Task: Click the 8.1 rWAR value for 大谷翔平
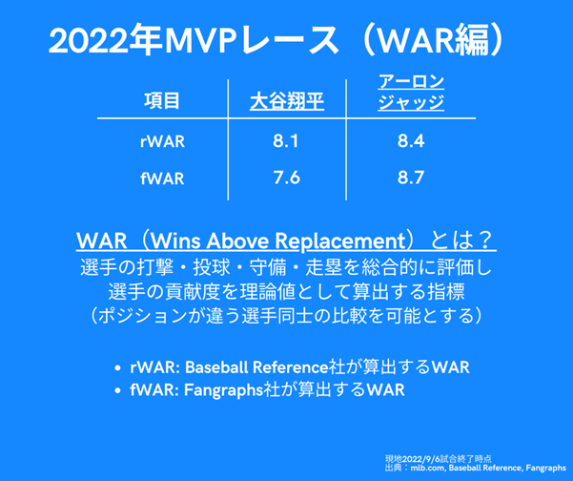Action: [x=285, y=141]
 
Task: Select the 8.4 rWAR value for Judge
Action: [x=411, y=141]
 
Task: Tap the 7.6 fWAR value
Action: [x=286, y=178]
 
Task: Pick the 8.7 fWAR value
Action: [x=411, y=178]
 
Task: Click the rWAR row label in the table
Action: [x=162, y=141]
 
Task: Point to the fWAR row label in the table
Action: [x=162, y=178]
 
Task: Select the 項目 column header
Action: [x=162, y=101]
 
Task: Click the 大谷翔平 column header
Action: [x=287, y=101]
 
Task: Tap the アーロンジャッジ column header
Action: [x=411, y=93]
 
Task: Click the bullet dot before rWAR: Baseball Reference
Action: [x=117, y=368]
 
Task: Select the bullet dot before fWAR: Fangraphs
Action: [x=117, y=390]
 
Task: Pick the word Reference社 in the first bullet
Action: [x=298, y=367]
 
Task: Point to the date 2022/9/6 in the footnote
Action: [x=420, y=459]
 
